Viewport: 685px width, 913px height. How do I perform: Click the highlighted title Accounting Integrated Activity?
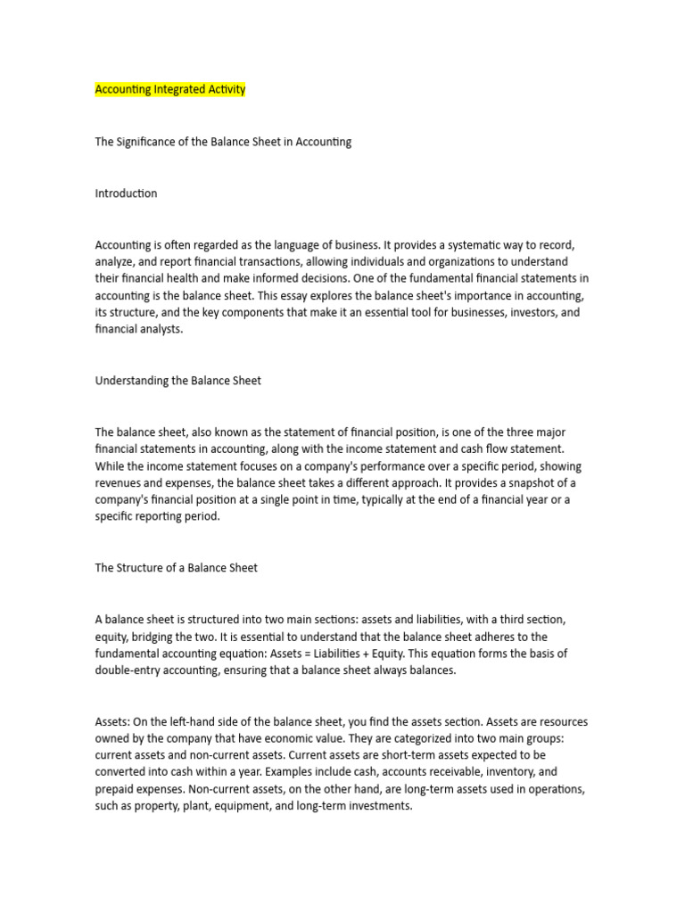170,90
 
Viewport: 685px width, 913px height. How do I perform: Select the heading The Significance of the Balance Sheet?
223,142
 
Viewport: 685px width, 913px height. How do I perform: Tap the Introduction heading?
126,193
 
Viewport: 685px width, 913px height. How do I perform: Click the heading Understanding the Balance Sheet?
178,381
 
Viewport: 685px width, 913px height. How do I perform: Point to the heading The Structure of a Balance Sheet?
177,568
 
